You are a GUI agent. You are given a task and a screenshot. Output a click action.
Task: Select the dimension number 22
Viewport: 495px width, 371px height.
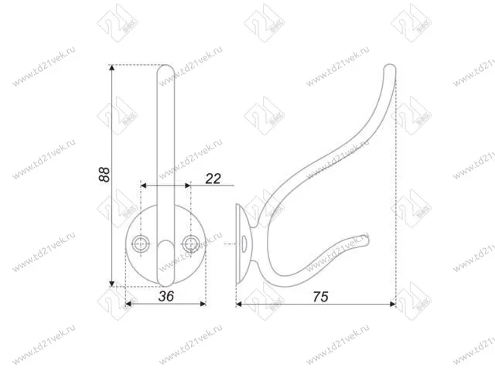[x=213, y=179]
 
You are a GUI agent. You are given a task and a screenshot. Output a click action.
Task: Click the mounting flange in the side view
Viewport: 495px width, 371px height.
[x=240, y=244]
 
